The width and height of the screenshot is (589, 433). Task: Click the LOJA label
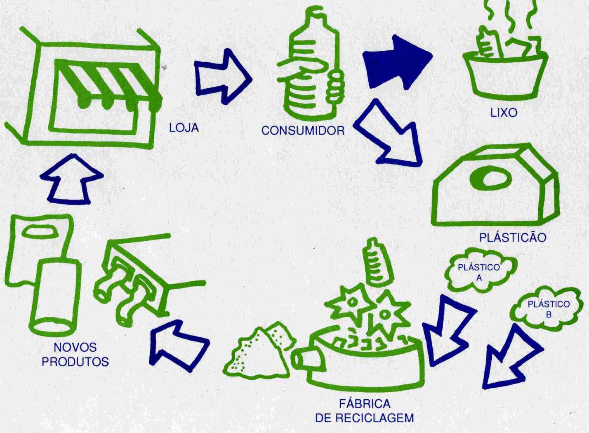(184, 128)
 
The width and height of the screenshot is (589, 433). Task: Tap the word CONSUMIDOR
(303, 131)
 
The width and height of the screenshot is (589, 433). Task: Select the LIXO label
(504, 113)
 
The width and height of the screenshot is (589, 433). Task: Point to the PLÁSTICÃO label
(513, 238)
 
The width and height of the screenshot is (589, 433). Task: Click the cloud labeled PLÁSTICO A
(479, 272)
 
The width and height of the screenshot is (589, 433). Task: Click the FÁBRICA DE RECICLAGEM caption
(364, 410)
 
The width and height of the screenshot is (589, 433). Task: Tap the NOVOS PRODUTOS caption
(75, 354)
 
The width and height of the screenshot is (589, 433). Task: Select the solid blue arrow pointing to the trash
(396, 62)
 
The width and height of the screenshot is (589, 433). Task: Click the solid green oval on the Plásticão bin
(491, 178)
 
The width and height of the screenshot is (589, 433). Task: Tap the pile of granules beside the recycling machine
(258, 351)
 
